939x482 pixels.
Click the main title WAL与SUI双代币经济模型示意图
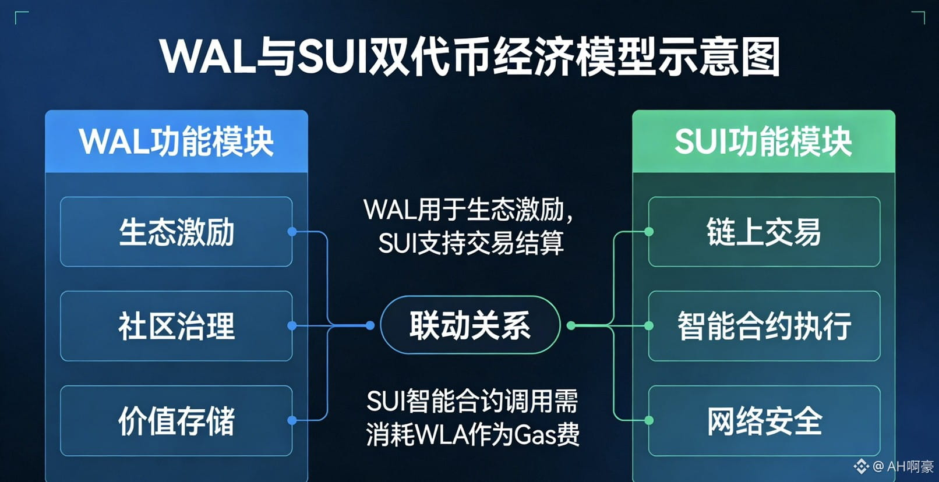[x=469, y=56]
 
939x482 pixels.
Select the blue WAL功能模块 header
[x=176, y=141]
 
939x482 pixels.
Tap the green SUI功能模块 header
[x=763, y=141]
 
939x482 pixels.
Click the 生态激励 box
[x=176, y=232]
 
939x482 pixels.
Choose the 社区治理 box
[x=176, y=326]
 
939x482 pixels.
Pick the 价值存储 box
[x=176, y=420]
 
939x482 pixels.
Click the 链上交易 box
[x=764, y=232]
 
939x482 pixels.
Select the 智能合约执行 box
[x=764, y=326]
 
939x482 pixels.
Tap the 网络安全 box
[x=764, y=420]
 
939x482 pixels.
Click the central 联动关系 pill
[x=469, y=325]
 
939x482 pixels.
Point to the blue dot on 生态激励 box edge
[x=292, y=232]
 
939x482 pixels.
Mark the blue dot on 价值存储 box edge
[x=292, y=420]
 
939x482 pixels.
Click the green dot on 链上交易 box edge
[x=648, y=232]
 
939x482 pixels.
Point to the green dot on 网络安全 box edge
[x=648, y=420]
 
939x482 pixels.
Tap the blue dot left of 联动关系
[x=370, y=325]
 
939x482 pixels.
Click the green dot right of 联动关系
[x=571, y=325]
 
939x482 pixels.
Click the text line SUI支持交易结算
[x=471, y=243]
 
